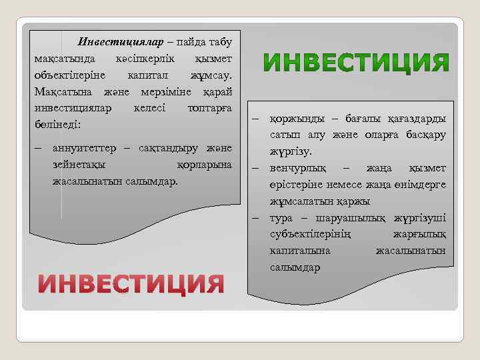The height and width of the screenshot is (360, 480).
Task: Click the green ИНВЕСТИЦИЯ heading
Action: tap(355, 63)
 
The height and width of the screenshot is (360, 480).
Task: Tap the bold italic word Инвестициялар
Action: tap(121, 42)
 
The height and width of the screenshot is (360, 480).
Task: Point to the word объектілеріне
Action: tap(66, 75)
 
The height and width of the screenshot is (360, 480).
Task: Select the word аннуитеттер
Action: tap(85, 147)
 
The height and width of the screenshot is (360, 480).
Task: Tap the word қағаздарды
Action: tap(417, 119)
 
